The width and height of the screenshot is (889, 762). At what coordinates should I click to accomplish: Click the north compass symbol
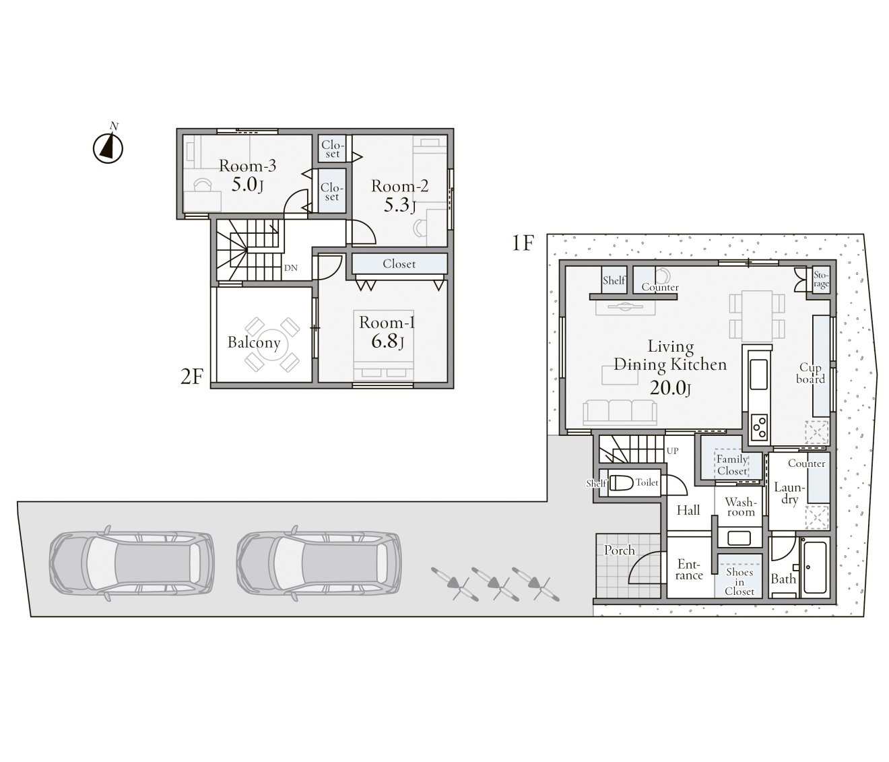pos(108,148)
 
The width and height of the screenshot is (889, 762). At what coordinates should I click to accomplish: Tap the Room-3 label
pos(247,166)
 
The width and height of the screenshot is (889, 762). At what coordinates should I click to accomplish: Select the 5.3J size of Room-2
pos(399,205)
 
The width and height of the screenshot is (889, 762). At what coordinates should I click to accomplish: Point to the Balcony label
pos(254,342)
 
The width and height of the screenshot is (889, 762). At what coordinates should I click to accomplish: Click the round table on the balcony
pos(272,344)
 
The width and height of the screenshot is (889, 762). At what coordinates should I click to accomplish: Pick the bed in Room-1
pos(384,344)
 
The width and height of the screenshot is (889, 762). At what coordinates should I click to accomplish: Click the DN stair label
pos(291,267)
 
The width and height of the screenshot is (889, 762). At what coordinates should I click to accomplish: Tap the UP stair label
pos(672,451)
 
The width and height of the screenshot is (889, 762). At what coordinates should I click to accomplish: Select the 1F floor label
pos(523,243)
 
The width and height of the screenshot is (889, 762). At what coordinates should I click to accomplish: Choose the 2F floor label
pos(191,377)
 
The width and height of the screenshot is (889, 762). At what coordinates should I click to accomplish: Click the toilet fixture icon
pos(622,482)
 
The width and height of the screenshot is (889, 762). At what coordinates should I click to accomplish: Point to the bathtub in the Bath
pos(815,567)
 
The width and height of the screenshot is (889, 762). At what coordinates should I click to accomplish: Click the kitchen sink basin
pos(759,373)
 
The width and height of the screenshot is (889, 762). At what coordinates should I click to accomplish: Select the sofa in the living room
pos(620,412)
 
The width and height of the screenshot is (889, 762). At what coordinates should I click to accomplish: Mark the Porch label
pos(620,550)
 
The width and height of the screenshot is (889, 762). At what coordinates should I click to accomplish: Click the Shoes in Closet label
pos(739,581)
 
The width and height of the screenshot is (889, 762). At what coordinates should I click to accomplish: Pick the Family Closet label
pos(732,465)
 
